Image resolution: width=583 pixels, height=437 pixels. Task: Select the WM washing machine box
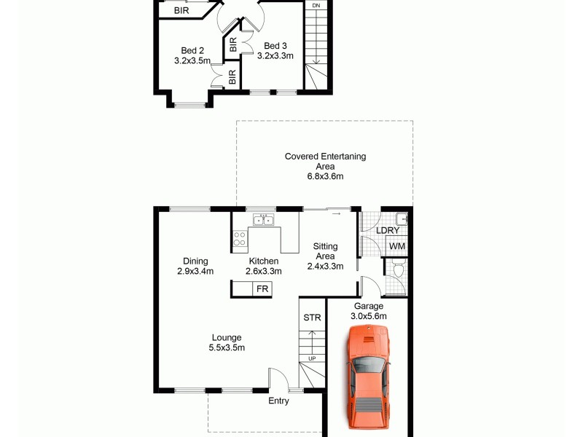pos(396,247)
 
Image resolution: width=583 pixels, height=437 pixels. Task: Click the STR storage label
pos(311,318)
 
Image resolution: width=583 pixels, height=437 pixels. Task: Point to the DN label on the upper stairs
pos(316,6)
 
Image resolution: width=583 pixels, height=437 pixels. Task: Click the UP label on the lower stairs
pos(311,358)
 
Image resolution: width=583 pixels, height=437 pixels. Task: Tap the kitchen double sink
pos(262,220)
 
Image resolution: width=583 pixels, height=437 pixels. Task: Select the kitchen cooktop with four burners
pos(240,238)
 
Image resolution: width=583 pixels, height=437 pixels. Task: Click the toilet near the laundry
pos(397,273)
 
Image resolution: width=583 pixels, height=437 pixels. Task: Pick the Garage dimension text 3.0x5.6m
pos(369,316)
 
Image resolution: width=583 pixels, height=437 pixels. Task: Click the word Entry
pos(278,401)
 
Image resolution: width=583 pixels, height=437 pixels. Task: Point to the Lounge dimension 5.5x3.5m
pos(227,347)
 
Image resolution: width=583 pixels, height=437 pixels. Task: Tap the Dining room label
pos(195,261)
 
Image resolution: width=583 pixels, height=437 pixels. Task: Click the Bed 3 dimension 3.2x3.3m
pos(275,56)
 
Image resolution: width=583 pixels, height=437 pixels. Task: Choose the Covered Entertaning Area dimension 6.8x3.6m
pos(325,176)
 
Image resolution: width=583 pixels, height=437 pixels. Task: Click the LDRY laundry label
pos(388,231)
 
